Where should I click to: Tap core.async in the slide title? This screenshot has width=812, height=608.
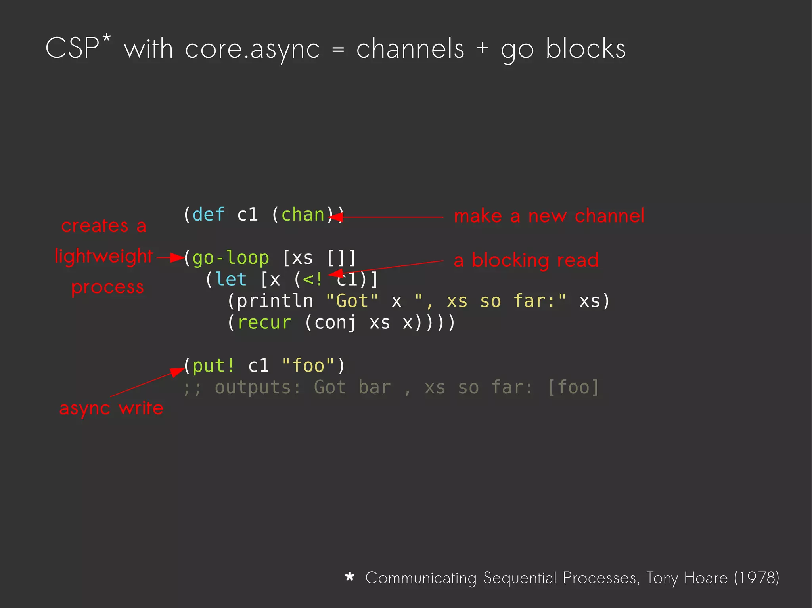pos(252,50)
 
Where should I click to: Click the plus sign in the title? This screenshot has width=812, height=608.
pos(482,48)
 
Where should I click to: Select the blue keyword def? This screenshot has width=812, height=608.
pos(209,215)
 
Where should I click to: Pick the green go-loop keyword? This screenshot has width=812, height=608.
pos(231,258)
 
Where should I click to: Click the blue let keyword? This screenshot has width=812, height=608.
pos(232,280)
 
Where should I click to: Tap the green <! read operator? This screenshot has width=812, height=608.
pos(313,280)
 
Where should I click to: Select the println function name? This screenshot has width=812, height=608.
pos(275,301)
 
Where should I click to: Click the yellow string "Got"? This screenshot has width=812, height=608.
pos(352,301)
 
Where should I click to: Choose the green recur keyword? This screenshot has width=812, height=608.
pos(264,322)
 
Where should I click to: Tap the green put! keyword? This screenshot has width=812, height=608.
pos(214,366)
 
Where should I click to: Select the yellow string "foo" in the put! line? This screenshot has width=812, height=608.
pos(308,366)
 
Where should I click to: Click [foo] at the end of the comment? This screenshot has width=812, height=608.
pos(573,387)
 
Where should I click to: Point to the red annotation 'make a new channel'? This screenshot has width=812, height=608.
pos(549,216)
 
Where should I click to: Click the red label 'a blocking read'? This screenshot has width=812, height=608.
pos(526,261)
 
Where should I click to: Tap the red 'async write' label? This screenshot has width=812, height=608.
pos(111,408)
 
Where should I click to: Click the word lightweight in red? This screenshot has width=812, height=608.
pos(104,256)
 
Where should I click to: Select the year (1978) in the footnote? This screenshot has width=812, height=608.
pos(756,578)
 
